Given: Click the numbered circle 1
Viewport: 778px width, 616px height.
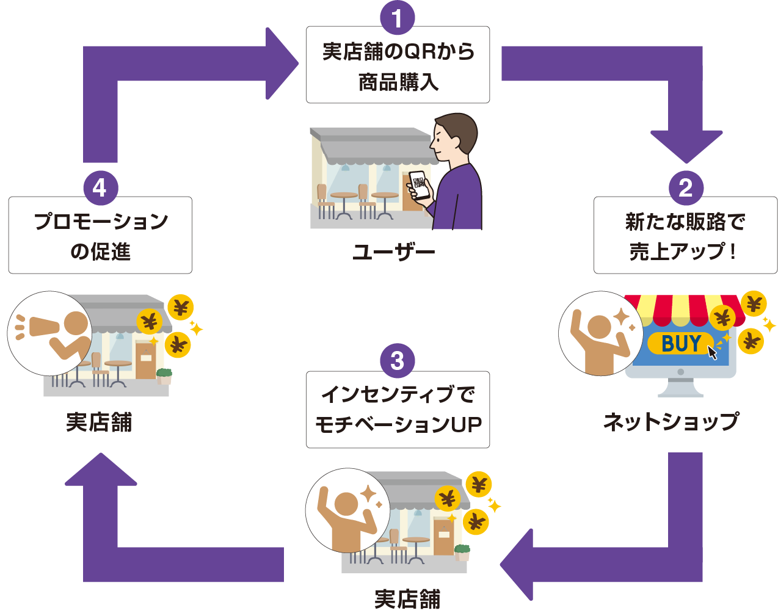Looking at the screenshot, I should [397, 18].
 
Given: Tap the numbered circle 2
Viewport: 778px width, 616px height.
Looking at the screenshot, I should [685, 187].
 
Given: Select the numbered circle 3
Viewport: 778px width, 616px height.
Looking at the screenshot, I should [397, 361].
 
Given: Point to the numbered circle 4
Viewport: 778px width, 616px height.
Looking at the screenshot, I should [100, 187].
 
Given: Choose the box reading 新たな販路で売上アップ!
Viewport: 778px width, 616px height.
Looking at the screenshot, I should [685, 236].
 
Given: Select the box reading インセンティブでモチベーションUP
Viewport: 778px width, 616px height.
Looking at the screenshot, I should [398, 410].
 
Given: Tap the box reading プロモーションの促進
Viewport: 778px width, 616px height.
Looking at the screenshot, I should [100, 236].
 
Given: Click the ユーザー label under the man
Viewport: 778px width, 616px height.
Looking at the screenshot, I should [394, 252].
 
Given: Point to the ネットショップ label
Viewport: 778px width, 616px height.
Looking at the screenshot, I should [671, 421].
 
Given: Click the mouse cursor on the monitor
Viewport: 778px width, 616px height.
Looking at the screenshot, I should [712, 353].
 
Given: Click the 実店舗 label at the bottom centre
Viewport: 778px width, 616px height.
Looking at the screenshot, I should [407, 599].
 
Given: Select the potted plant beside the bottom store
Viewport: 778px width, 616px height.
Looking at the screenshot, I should [462, 552].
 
